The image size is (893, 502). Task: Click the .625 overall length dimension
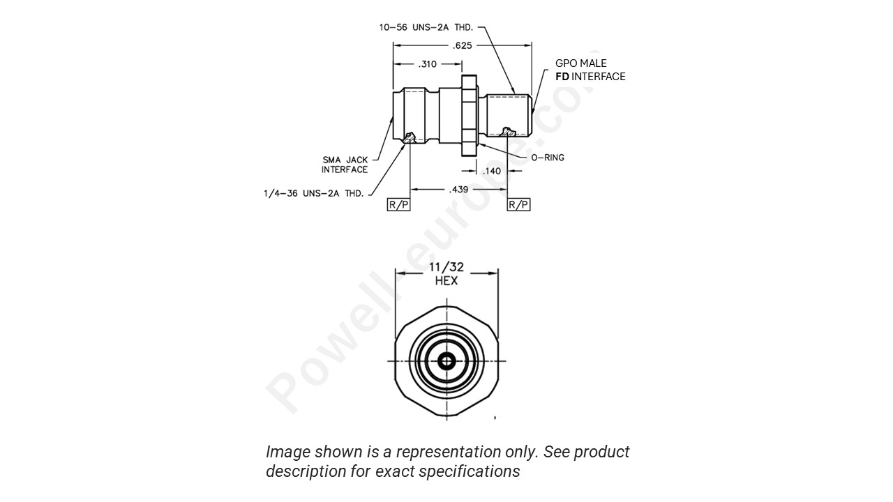pos(461,45)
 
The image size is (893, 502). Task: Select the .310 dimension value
pos(427,64)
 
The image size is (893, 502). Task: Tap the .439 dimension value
pos(458,189)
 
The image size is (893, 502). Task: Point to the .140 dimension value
pos(492,171)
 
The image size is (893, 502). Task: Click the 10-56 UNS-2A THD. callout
pos(426,27)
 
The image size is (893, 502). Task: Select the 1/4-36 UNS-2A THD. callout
pos(313,193)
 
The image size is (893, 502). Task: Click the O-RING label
pos(548,158)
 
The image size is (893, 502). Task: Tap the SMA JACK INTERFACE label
pos(345,165)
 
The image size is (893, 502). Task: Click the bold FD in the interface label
pos(562,77)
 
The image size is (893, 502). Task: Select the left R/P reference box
pos(398,204)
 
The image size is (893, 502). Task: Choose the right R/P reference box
pos(518,204)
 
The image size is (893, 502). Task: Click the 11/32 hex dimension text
pos(446,268)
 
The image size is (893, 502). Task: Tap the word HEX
pos(446,280)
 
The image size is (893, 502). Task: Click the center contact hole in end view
pos(446,361)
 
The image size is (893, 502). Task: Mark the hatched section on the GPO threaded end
pos(509,131)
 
